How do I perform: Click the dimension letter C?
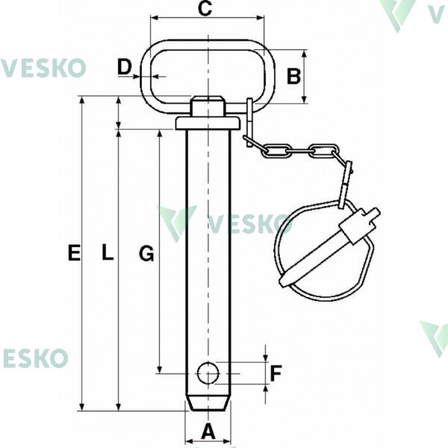pos(205,8)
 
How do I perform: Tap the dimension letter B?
pos(293,77)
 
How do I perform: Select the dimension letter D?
pos(124,67)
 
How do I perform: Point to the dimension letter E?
pos(74,253)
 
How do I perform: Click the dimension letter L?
pos(108,253)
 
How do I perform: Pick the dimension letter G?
pos(146,253)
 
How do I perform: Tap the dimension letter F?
pos(276,373)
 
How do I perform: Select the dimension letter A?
pos(208,432)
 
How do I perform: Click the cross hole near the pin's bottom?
pos(208,373)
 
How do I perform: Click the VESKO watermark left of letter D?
pos(43,68)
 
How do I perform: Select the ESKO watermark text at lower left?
pos(36,358)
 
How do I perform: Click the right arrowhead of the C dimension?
pos(261,18)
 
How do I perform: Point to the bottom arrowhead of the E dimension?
pos(82,407)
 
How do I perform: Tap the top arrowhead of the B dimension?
pos(305,54)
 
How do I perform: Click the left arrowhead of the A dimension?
pos(190,441)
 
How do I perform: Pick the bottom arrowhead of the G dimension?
pos(160,369)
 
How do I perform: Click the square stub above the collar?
pos(208,106)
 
